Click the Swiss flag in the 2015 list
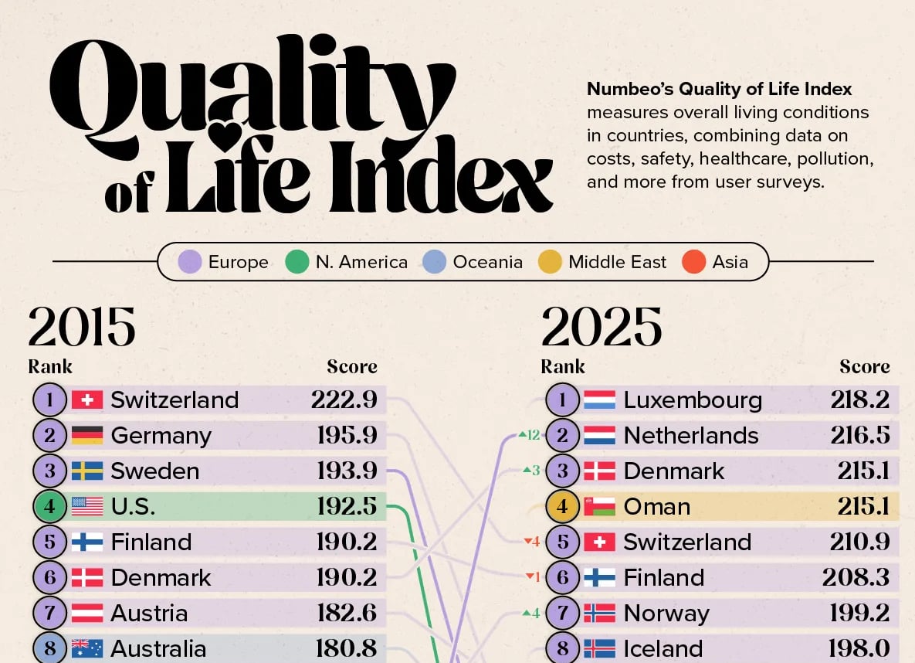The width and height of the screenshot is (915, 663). point(87,399)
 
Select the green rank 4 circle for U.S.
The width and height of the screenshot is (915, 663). point(49,506)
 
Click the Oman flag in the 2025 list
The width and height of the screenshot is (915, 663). point(599,506)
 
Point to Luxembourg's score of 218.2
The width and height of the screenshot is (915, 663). point(860,399)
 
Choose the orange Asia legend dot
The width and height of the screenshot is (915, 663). point(694,262)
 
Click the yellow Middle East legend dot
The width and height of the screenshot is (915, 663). point(550,262)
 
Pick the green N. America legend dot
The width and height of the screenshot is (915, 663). point(297,262)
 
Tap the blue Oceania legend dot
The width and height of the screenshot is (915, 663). point(435,262)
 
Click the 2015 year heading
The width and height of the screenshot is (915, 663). point(82,328)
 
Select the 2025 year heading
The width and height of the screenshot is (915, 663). point(602,328)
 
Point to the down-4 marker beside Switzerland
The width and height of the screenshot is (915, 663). point(531,542)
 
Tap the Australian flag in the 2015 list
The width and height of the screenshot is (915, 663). point(87,648)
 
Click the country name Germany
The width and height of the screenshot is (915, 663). point(161,435)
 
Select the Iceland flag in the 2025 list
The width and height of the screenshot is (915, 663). point(599,648)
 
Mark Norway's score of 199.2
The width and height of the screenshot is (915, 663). point(860,613)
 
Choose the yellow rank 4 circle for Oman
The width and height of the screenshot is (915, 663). point(562,506)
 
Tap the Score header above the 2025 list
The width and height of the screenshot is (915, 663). point(864,366)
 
